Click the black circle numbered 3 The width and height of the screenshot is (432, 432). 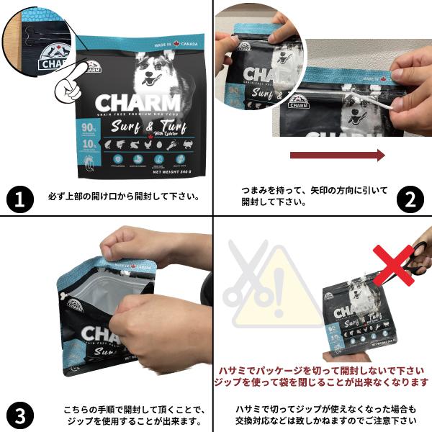(x=21, y=415)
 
